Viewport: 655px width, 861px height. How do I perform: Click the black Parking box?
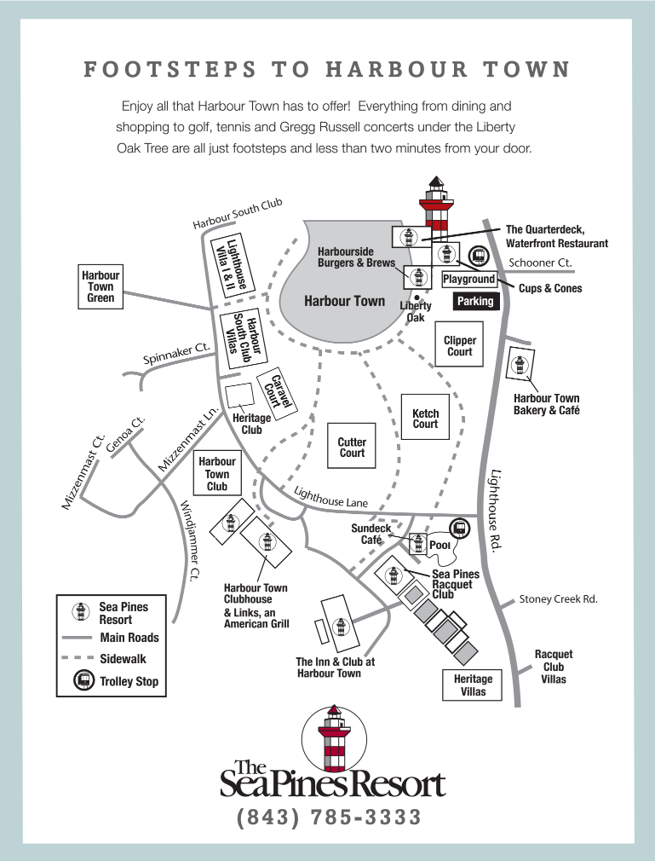[x=475, y=301]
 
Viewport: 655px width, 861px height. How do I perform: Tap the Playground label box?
[x=469, y=279]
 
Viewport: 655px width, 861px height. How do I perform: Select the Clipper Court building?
[x=459, y=344]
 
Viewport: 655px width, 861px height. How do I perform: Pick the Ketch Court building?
[x=425, y=417]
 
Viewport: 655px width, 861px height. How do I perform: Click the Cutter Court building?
[x=352, y=446]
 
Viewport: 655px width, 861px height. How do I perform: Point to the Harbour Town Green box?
[x=101, y=286]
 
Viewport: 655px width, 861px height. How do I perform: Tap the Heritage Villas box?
[x=473, y=685]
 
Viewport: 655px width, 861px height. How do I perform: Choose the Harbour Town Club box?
[x=217, y=474]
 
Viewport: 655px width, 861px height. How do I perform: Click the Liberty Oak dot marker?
[x=417, y=298]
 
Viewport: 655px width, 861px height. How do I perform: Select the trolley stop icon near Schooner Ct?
[x=479, y=256]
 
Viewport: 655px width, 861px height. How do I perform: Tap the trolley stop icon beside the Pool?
[x=459, y=529]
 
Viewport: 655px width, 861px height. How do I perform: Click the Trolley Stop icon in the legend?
[x=84, y=680]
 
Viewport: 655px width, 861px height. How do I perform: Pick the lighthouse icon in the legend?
[x=81, y=612]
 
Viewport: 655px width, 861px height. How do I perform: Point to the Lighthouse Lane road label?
[x=330, y=497]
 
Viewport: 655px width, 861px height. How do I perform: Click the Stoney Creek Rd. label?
[x=559, y=599]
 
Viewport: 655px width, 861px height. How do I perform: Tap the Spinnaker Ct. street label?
[x=176, y=353]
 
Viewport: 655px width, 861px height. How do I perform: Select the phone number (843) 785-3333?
[x=329, y=817]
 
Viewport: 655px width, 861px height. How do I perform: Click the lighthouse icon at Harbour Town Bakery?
[x=519, y=365]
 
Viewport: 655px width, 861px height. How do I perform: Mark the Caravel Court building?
[x=277, y=393]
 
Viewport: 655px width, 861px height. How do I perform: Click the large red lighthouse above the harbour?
[x=436, y=203]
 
